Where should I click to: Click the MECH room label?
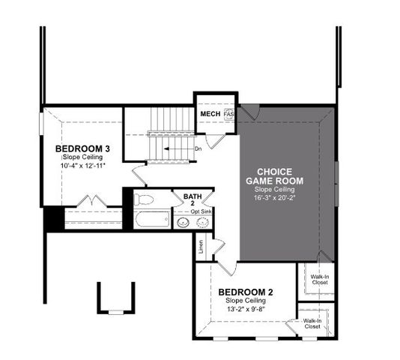point(209,114)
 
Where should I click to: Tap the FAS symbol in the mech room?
point(229,114)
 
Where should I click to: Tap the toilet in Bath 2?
point(144,199)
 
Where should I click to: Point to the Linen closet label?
point(201,247)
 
